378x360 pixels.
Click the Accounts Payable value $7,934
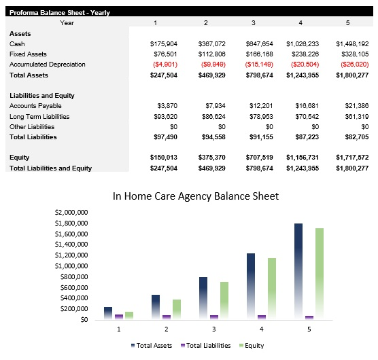[213, 106]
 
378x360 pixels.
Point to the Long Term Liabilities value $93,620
[165, 117]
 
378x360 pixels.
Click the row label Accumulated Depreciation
[48, 65]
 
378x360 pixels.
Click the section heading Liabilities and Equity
[42, 96]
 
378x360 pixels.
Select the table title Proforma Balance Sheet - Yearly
[60, 12]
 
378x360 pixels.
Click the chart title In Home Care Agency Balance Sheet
[196, 196]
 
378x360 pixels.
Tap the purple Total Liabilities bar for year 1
[119, 316]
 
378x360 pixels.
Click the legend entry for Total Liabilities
[206, 345]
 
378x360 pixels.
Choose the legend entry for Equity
[252, 345]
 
